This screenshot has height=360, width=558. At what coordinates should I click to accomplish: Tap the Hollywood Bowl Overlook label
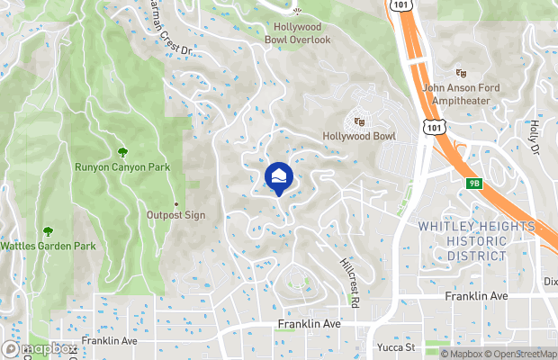pyautogui.click(x=298, y=34)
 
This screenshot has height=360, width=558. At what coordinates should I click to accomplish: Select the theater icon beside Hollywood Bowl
pyautogui.click(x=359, y=121)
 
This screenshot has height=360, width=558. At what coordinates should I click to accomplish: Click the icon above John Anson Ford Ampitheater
pyautogui.click(x=463, y=73)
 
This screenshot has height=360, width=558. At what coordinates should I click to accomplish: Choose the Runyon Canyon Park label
pyautogui.click(x=122, y=166)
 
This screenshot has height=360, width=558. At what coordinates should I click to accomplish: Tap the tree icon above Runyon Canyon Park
pyautogui.click(x=122, y=151)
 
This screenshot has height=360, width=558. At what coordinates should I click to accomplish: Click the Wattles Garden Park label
pyautogui.click(x=47, y=246)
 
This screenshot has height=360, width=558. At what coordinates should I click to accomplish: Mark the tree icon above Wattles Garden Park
pyautogui.click(x=47, y=231)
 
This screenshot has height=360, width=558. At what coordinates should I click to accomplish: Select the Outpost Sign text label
pyautogui.click(x=176, y=216)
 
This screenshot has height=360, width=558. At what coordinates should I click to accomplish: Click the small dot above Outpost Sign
pyautogui.click(x=176, y=204)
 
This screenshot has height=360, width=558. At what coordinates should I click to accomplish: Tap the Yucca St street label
pyautogui.click(x=395, y=346)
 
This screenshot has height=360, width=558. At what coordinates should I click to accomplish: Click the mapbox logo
pyautogui.click(x=40, y=349)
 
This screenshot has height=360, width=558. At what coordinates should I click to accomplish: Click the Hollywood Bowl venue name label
pyautogui.click(x=359, y=137)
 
